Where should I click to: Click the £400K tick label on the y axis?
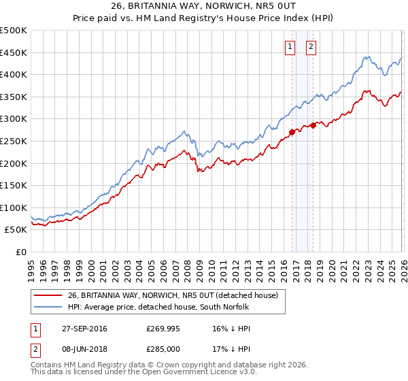pyautogui.click(x=14, y=75)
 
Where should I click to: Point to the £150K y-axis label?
pyautogui.click(x=14, y=185)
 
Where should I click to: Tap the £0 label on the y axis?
pyautogui.click(x=20, y=252)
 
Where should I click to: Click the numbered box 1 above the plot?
pyautogui.click(x=290, y=47)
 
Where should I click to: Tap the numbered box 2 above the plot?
pyautogui.click(x=311, y=47)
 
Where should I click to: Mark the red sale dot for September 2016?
pyautogui.click(x=292, y=132)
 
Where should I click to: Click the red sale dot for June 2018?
pyautogui.click(x=313, y=125)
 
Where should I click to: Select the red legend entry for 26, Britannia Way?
pyautogui.click(x=173, y=296)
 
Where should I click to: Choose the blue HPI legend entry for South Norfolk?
pyautogui.click(x=158, y=308)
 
